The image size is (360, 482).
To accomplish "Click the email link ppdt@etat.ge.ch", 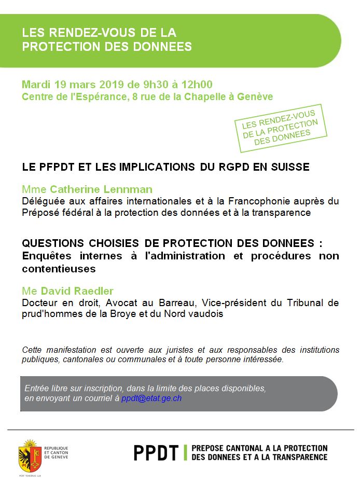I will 151,398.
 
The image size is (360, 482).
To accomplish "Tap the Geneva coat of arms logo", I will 30,452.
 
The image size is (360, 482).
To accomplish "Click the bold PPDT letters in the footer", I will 156,452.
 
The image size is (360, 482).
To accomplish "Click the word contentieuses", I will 59,268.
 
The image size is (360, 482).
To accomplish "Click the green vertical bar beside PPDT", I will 185,452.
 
